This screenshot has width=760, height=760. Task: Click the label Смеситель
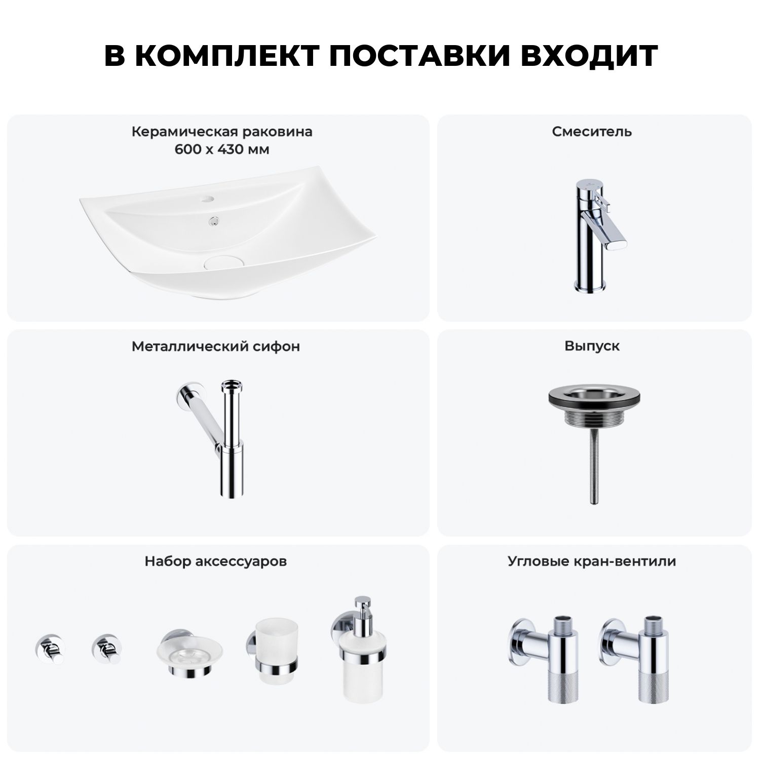click(x=592, y=132)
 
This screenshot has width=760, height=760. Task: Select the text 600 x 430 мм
click(x=222, y=149)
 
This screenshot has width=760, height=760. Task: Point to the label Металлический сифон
click(x=216, y=347)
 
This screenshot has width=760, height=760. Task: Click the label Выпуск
click(x=592, y=347)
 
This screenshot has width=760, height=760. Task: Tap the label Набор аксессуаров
click(x=216, y=561)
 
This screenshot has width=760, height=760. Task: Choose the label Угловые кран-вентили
click(x=592, y=561)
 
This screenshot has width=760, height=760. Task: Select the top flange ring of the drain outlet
click(x=592, y=396)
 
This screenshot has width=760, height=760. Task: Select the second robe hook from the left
click(x=106, y=649)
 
